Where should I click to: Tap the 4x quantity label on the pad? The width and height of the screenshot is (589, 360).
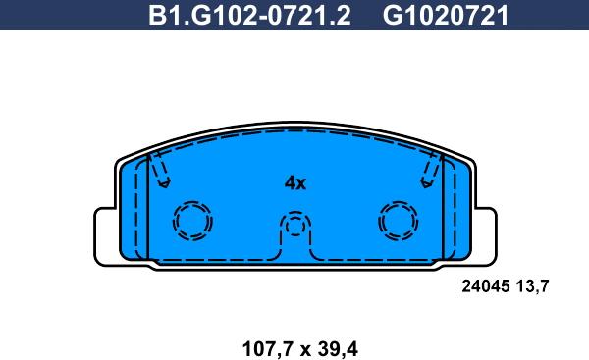(x=294, y=183)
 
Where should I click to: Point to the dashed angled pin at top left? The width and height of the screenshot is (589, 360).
(x=160, y=173)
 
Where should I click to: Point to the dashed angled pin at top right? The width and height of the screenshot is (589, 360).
(x=429, y=173)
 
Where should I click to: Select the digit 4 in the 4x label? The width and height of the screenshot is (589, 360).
(x=289, y=183)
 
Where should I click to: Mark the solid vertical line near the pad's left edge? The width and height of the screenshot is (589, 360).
(x=147, y=211)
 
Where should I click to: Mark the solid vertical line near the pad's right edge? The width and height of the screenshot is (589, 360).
(x=443, y=211)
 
